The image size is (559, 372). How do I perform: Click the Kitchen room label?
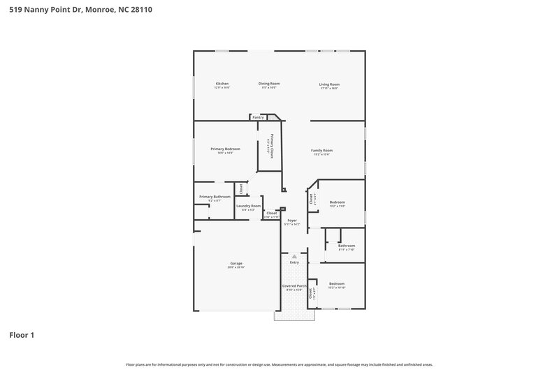tap(222, 84)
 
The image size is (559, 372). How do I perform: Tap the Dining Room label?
tap(269, 84)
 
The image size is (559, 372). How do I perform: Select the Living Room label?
tap(329, 84)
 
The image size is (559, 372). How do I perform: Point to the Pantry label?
tap(258, 117)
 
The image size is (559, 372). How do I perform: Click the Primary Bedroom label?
tap(225, 149)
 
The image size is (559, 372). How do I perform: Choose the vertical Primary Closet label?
tap(271, 147)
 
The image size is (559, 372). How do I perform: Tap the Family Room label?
tap(321, 150)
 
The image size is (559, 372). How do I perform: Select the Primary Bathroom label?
tap(215, 197)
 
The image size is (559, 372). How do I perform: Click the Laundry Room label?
tap(248, 206)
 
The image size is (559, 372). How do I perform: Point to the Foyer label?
tap(292, 221)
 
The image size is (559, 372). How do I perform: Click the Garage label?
tap(236, 263)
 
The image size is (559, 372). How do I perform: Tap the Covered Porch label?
tap(294, 286)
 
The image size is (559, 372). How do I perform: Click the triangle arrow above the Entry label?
tap(294, 256)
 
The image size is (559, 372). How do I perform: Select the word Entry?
tap(294, 262)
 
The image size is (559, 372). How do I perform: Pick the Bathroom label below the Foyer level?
tap(347, 245)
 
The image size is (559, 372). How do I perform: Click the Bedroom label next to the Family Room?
tap(337, 202)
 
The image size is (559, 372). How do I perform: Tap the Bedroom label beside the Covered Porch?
tap(337, 283)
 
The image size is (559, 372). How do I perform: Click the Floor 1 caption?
tap(22, 335)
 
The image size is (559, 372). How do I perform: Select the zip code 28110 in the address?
tap(141, 10)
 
